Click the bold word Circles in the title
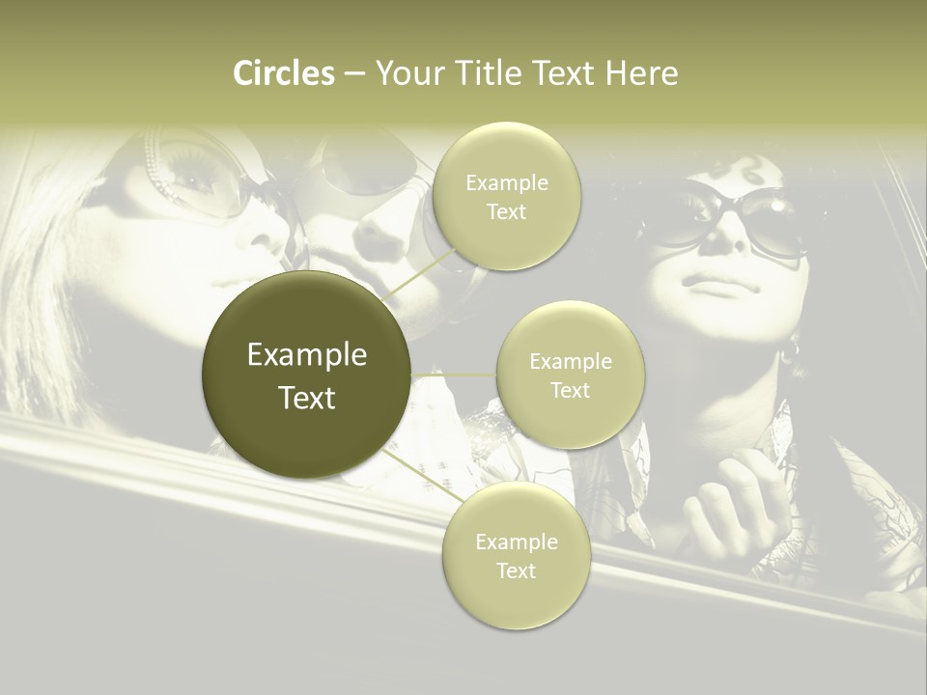[284, 73]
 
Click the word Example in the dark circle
[307, 355]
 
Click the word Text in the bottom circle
[516, 570]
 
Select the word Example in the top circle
[506, 183]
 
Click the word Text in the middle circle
[570, 391]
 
